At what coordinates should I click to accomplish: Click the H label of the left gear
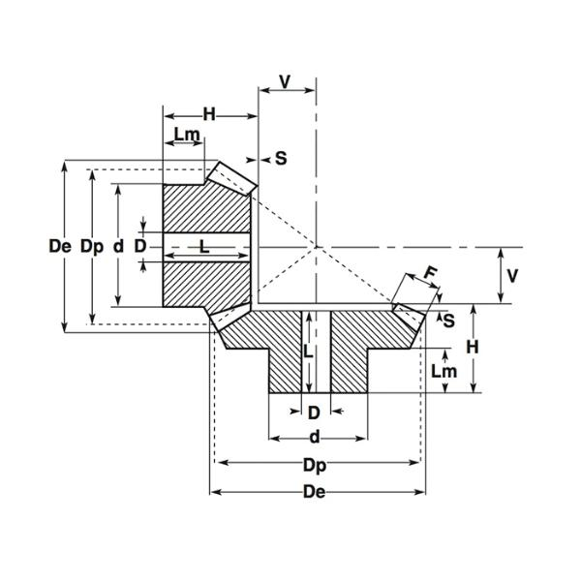click(208, 114)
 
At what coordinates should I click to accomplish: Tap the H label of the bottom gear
click(473, 347)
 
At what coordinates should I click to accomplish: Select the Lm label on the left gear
click(187, 135)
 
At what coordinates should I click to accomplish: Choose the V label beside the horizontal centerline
click(513, 275)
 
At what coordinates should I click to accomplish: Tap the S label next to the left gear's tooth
click(280, 157)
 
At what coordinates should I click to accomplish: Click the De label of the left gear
click(60, 246)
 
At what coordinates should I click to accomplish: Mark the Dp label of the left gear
click(91, 246)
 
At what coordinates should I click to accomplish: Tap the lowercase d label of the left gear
click(117, 246)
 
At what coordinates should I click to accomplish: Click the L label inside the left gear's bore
click(203, 247)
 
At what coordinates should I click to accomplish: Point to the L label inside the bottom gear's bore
click(307, 351)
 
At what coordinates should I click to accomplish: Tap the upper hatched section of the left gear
click(203, 206)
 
